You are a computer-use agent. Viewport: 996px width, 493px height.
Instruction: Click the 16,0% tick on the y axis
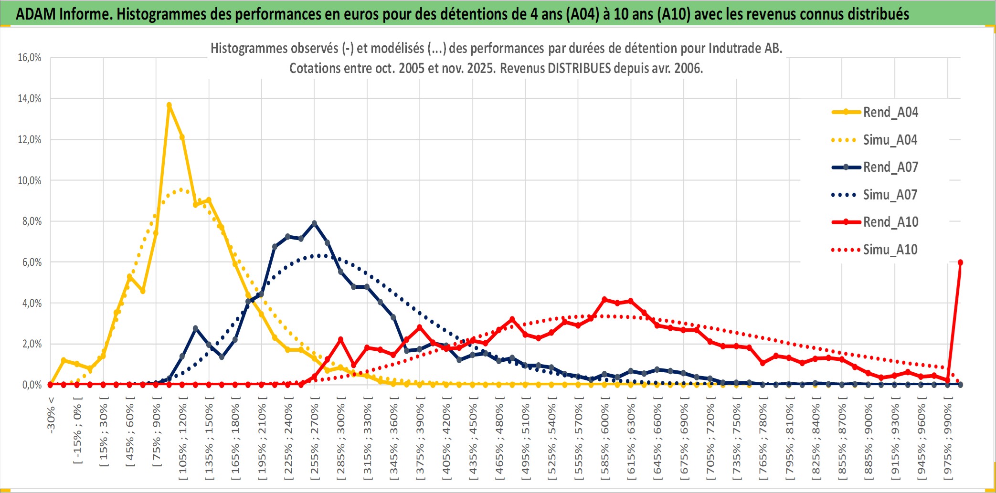30,58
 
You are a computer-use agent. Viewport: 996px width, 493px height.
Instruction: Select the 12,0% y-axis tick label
30,140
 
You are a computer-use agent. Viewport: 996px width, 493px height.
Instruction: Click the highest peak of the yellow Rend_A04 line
169,105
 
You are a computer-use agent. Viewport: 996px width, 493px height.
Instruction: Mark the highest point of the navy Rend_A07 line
314,223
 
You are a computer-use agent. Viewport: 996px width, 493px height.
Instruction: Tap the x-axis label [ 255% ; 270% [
314,440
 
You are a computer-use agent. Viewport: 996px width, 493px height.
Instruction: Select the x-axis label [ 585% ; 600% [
604,440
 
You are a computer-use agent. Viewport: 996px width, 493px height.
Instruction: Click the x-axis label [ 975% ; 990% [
947,440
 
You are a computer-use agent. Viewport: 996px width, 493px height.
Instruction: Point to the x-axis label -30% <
51,415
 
